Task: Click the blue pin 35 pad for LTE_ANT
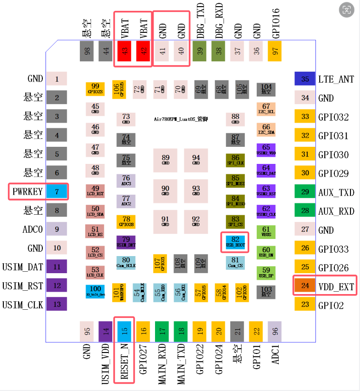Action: coord(305,79)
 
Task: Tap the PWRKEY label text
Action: coord(28,192)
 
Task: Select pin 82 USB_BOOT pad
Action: coord(235,241)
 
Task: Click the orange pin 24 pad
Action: coord(305,286)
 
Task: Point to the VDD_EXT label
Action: coord(336,286)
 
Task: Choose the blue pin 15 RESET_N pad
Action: coord(125,331)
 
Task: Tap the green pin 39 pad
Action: coord(200,51)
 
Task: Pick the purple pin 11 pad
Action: coord(57,267)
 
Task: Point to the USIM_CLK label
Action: coord(23,305)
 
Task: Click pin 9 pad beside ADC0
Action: coord(57,229)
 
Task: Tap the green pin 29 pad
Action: coord(305,192)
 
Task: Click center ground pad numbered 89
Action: coord(165,160)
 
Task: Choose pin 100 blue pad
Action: coord(95,291)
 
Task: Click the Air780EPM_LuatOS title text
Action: coord(181,119)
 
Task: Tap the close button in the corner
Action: coord(347,9)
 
